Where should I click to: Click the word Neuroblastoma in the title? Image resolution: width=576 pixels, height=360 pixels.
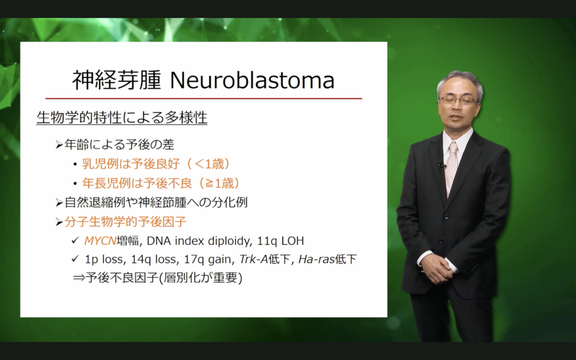tap(253, 80)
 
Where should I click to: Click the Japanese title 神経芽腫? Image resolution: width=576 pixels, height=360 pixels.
tap(117, 80)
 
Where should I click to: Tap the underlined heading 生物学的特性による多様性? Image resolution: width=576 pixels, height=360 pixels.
tap(122, 118)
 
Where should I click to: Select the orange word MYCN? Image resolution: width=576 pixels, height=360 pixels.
tap(100, 241)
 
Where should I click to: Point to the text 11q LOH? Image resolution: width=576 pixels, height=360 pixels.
tap(281, 241)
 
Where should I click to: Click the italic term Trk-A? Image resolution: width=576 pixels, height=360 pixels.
tap(254, 259)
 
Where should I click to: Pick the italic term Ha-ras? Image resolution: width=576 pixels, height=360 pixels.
tap(316, 259)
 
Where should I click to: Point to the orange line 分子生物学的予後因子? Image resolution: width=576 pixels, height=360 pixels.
tap(125, 222)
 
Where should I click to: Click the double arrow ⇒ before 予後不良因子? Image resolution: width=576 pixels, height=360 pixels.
tap(79, 278)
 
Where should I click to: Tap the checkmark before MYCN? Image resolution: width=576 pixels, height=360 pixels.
tap(75, 240)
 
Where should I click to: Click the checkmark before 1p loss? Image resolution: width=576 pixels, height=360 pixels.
tap(75, 259)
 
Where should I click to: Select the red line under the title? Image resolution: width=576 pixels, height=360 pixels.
tap(204, 98)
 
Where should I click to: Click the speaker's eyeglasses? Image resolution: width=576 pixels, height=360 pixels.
tap(458, 100)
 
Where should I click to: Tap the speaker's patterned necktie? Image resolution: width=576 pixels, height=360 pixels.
tap(451, 167)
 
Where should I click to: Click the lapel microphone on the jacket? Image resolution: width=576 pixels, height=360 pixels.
tap(442, 166)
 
